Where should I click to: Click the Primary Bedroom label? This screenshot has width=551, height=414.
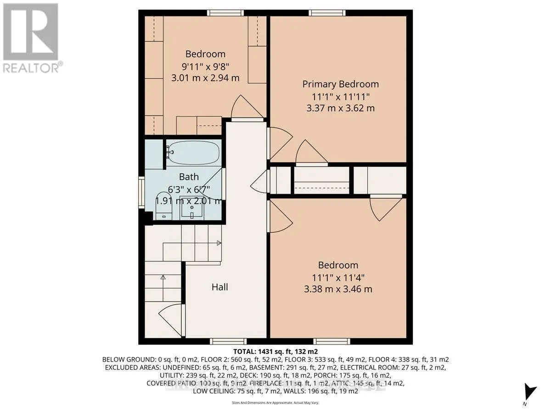click(x=340, y=84)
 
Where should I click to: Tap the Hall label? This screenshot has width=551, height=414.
click(x=219, y=287)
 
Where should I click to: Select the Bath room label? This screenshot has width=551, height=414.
click(x=189, y=177)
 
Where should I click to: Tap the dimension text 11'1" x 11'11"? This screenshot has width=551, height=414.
click(x=340, y=97)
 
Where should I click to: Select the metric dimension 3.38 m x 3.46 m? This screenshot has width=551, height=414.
click(x=338, y=289)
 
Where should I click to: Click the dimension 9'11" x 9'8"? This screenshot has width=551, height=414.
click(x=205, y=66)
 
